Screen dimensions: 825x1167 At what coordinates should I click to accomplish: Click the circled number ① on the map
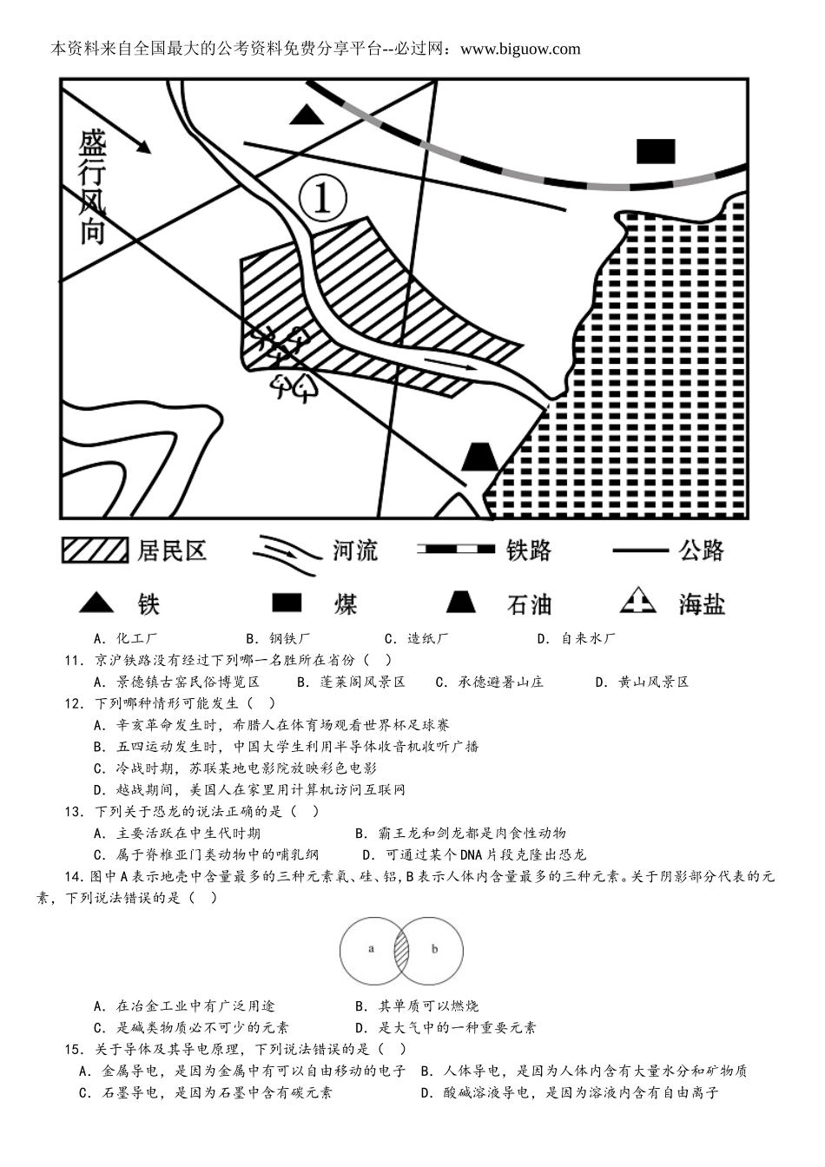(x=322, y=199)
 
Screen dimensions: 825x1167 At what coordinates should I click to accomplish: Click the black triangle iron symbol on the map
(x=305, y=115)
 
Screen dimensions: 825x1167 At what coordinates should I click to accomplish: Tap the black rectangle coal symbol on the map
(x=655, y=151)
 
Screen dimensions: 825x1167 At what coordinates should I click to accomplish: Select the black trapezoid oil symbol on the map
(x=479, y=457)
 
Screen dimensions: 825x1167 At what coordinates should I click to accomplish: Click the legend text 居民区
(x=172, y=551)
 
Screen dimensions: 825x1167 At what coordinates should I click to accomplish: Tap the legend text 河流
(x=354, y=551)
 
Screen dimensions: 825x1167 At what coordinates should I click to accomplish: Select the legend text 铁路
(x=528, y=551)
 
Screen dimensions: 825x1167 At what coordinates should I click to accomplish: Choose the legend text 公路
(x=702, y=551)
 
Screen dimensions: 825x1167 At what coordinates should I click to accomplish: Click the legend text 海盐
(x=702, y=604)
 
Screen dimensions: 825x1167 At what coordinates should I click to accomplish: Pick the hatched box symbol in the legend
(x=95, y=551)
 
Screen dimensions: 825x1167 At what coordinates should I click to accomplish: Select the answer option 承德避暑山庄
(x=500, y=682)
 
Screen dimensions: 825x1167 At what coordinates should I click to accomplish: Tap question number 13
(x=73, y=812)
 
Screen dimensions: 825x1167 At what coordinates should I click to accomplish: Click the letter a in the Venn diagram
(x=371, y=949)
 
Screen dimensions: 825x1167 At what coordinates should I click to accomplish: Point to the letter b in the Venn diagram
(x=434, y=949)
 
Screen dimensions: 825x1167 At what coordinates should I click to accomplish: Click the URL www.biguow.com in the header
(x=520, y=49)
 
